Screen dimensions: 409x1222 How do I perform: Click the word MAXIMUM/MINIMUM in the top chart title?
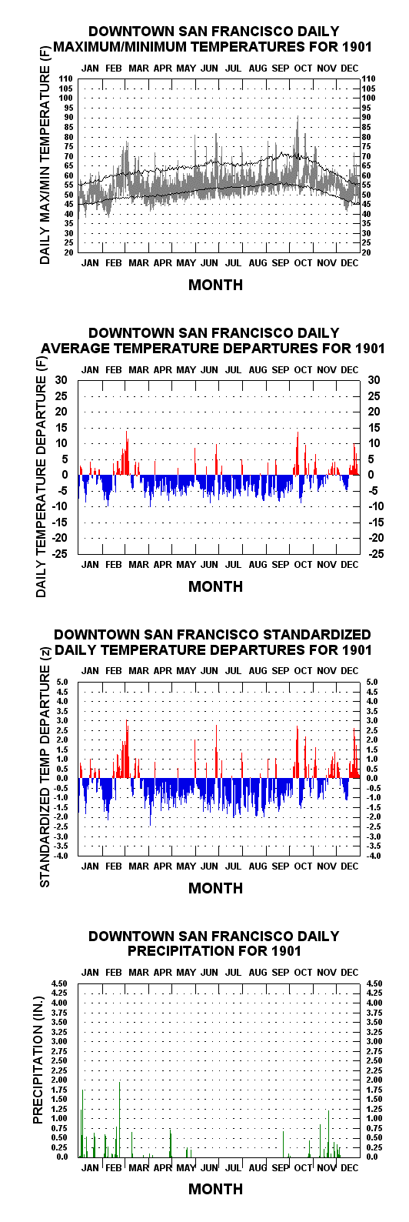coord(144,47)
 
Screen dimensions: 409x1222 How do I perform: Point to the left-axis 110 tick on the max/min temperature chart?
coord(65,79)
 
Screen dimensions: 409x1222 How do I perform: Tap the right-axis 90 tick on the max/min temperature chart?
coord(366,117)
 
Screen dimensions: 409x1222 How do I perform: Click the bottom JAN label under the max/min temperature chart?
coord(90,263)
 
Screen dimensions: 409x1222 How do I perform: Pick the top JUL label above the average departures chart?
coord(234,370)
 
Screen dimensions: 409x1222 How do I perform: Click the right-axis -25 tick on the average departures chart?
coord(375,554)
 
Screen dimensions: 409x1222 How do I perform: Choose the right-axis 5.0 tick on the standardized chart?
coord(372,682)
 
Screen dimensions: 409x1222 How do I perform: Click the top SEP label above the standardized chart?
coord(281,670)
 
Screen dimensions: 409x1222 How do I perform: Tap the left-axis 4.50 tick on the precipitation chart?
coord(59,983)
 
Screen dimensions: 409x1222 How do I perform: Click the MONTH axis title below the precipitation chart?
coord(215,1189)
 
